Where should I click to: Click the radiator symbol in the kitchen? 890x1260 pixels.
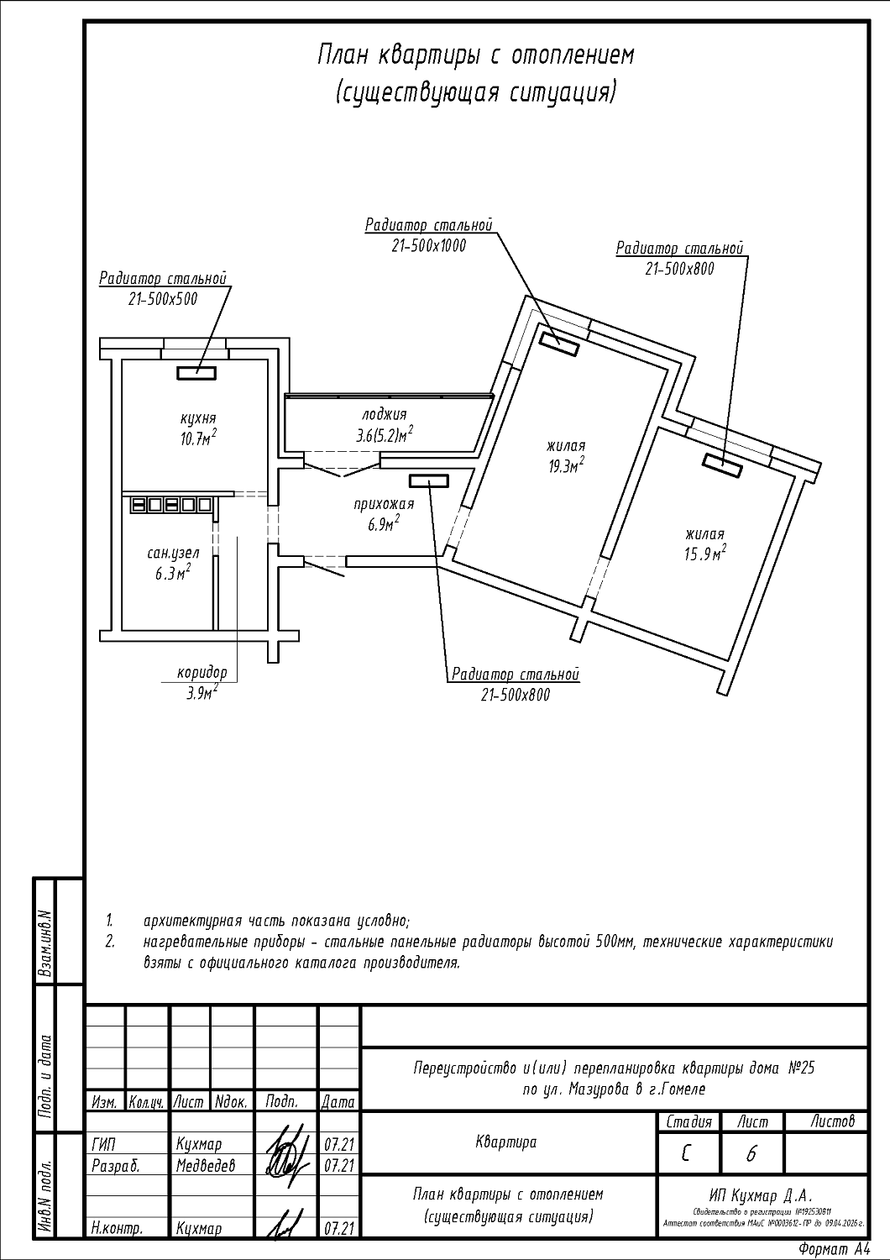(196, 371)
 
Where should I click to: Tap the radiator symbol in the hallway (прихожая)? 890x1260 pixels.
(429, 480)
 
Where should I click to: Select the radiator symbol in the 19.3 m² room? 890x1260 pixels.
(558, 342)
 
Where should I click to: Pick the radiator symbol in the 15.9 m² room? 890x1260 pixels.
(722, 465)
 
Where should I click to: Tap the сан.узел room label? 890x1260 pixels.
(174, 554)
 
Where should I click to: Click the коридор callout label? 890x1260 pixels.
(202, 673)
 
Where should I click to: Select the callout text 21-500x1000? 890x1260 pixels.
(428, 245)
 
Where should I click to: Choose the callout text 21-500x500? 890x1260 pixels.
(163, 298)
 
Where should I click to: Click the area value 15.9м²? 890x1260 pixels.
(704, 554)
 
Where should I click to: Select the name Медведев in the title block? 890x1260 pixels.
(206, 1166)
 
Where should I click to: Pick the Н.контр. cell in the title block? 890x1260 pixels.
(116, 1229)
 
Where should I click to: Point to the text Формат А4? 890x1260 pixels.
(835, 1250)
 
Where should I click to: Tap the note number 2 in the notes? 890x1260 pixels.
(109, 942)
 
